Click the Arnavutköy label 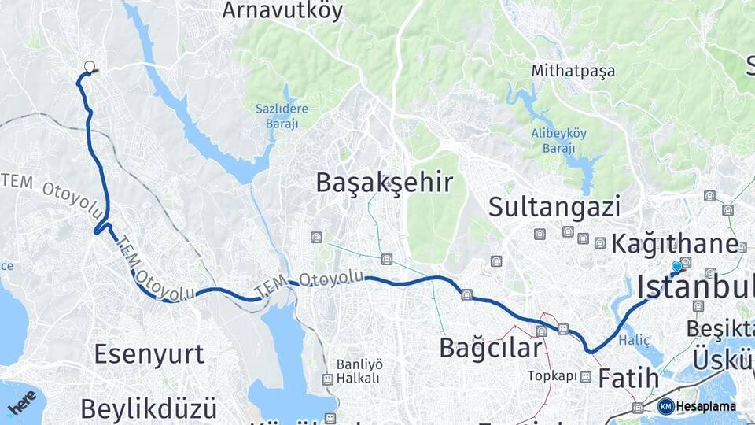(x=283, y=10)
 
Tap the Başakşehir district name (x=384, y=183)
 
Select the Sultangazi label (x=554, y=207)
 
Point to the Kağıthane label (x=675, y=243)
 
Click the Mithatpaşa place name (x=573, y=71)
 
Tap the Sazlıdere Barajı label (x=282, y=116)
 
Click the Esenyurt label (x=149, y=353)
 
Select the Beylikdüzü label (x=148, y=409)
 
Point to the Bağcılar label (x=491, y=347)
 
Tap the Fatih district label (x=628, y=379)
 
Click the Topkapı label (x=547, y=376)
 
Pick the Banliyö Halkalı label (x=359, y=371)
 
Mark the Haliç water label (x=635, y=340)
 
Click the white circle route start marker (x=90, y=68)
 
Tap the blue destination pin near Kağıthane (x=677, y=268)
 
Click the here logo (x=21, y=402)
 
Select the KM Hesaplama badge (x=696, y=407)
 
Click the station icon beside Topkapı (x=585, y=377)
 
